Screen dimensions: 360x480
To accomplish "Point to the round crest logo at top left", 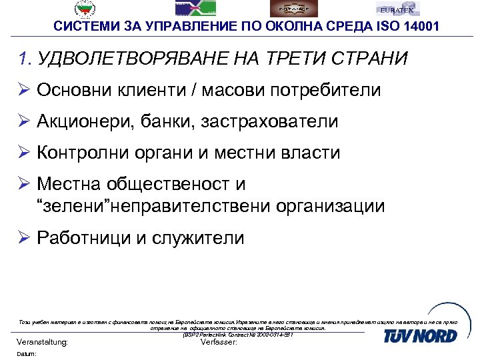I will [85, 8].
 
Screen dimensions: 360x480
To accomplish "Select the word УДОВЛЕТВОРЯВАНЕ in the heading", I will [130, 59].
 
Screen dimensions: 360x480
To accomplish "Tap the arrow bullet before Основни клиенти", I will [24, 90].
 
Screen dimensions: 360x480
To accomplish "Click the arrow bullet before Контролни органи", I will [24, 153].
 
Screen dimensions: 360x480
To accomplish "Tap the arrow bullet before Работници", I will [24, 237].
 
